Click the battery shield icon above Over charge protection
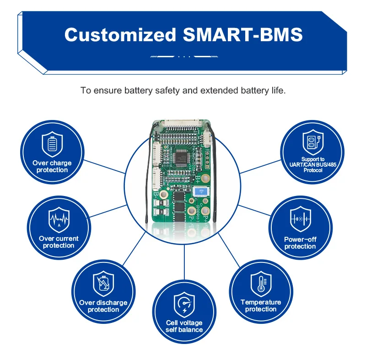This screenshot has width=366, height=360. pos(52,144)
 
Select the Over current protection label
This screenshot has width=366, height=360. pos(59,242)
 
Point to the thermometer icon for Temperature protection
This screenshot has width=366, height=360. pos(261,284)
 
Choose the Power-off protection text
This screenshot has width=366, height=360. pos(300,243)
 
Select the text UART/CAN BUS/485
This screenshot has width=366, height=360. pos(312,164)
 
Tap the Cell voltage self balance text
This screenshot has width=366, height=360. pos(184,326)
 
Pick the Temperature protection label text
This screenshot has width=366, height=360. pos(261,305)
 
